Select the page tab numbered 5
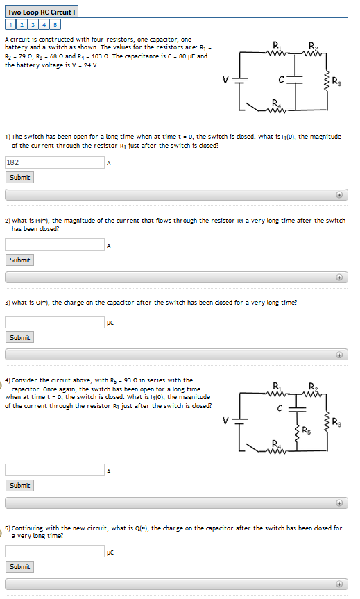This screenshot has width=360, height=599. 54,25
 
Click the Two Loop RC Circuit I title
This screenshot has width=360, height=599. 42,12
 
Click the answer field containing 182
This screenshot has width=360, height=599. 54,162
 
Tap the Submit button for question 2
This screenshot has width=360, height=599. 20,260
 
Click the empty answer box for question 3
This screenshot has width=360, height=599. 54,322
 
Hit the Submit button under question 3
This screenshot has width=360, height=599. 20,337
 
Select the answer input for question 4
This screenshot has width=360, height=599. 54,470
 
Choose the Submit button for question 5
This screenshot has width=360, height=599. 20,567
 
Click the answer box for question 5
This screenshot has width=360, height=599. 54,552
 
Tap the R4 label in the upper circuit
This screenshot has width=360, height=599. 277,103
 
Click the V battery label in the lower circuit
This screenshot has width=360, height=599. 225,421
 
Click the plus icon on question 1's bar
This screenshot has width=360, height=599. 340,195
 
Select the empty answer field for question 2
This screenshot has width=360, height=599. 54,244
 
